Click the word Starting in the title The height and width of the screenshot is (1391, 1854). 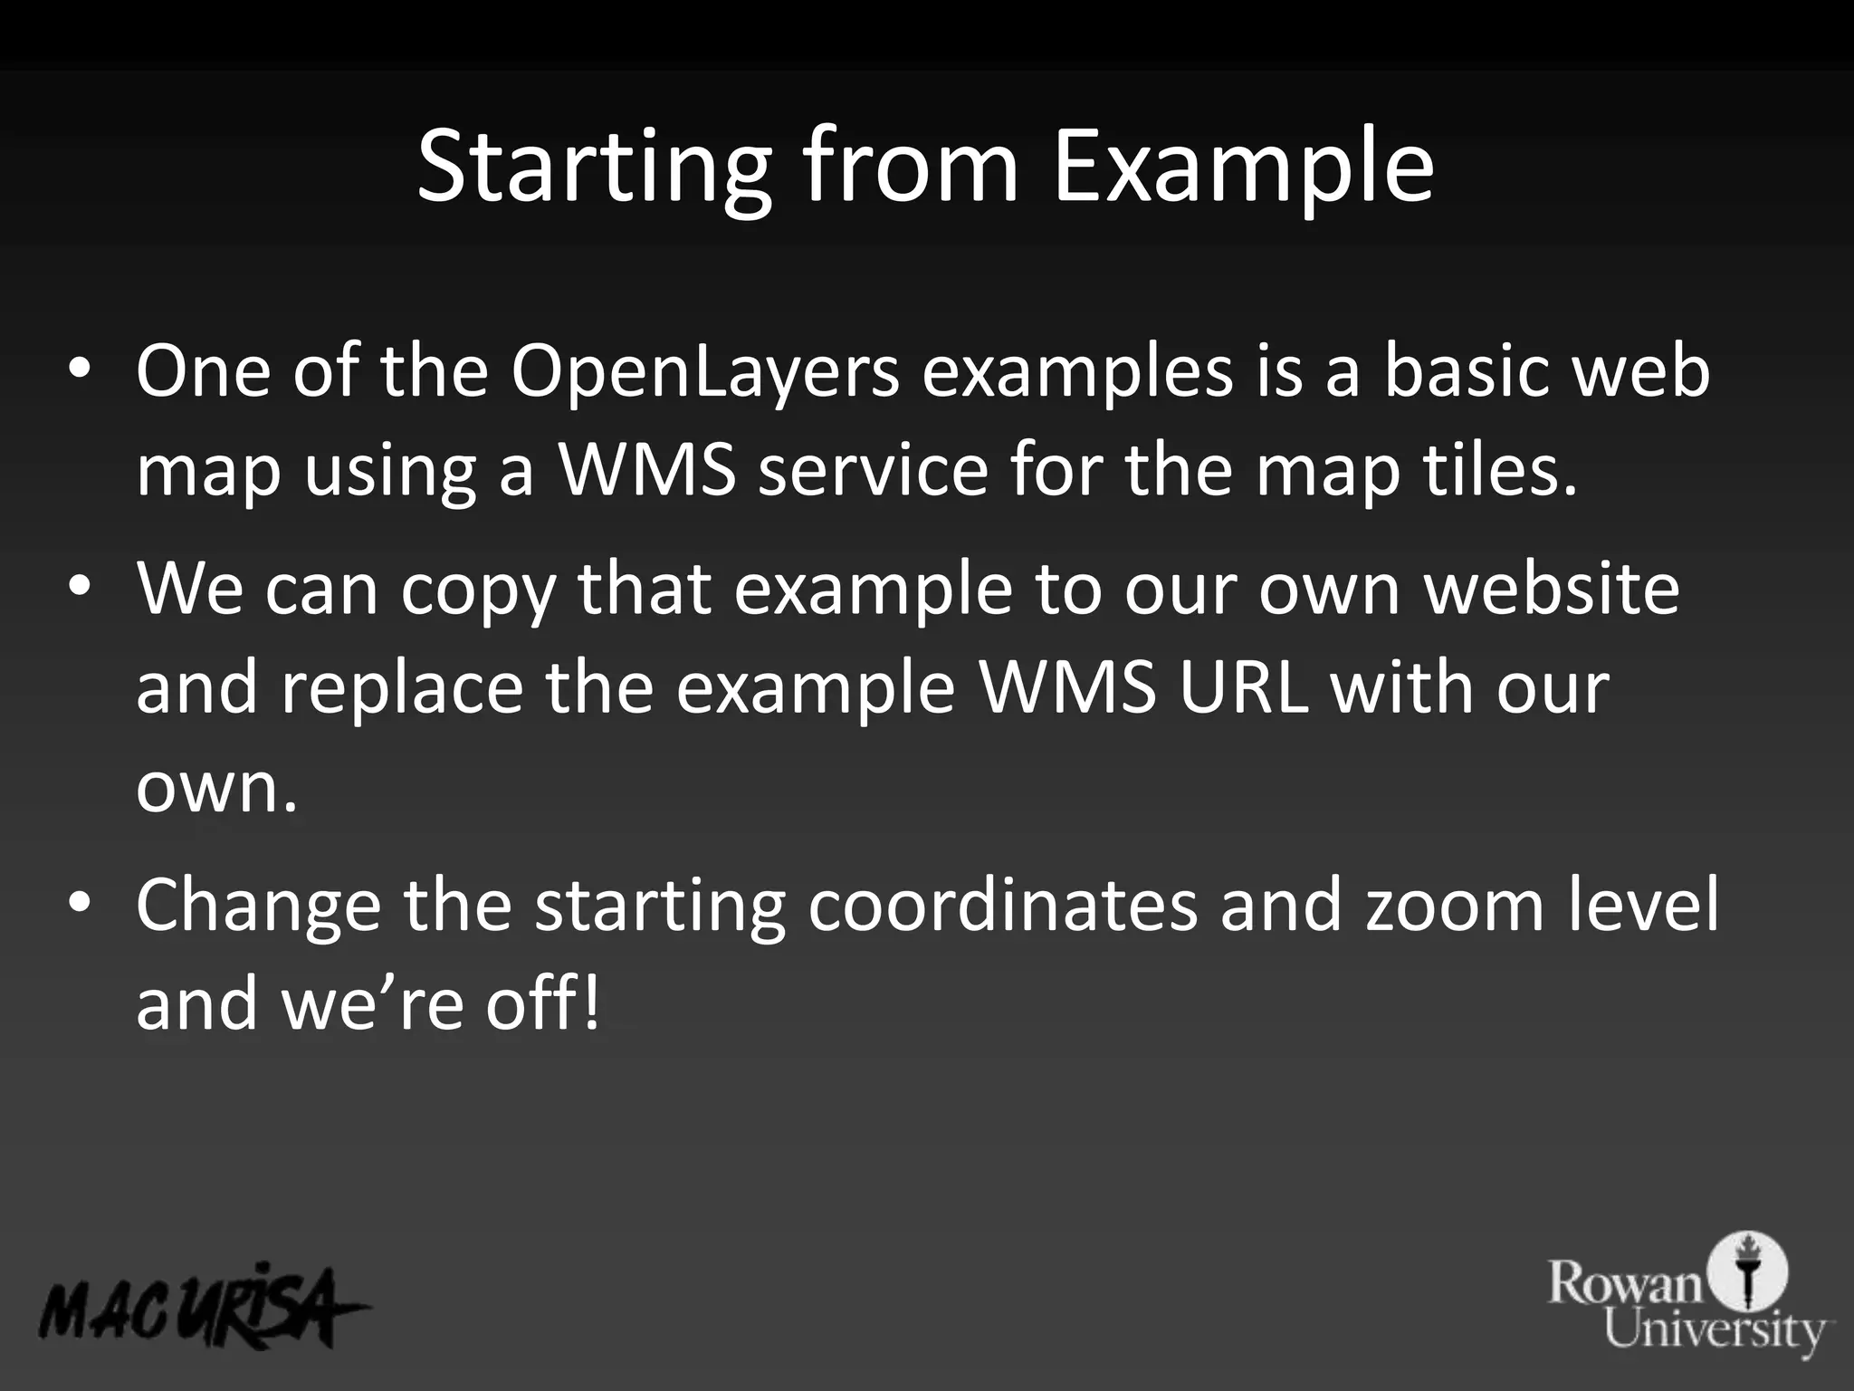pos(594,168)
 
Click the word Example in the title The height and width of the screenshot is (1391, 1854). pos(1242,168)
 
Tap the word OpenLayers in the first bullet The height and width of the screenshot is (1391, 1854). pos(705,373)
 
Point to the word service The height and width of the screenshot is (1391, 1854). pos(873,471)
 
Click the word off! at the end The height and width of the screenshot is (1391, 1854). pos(542,1003)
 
